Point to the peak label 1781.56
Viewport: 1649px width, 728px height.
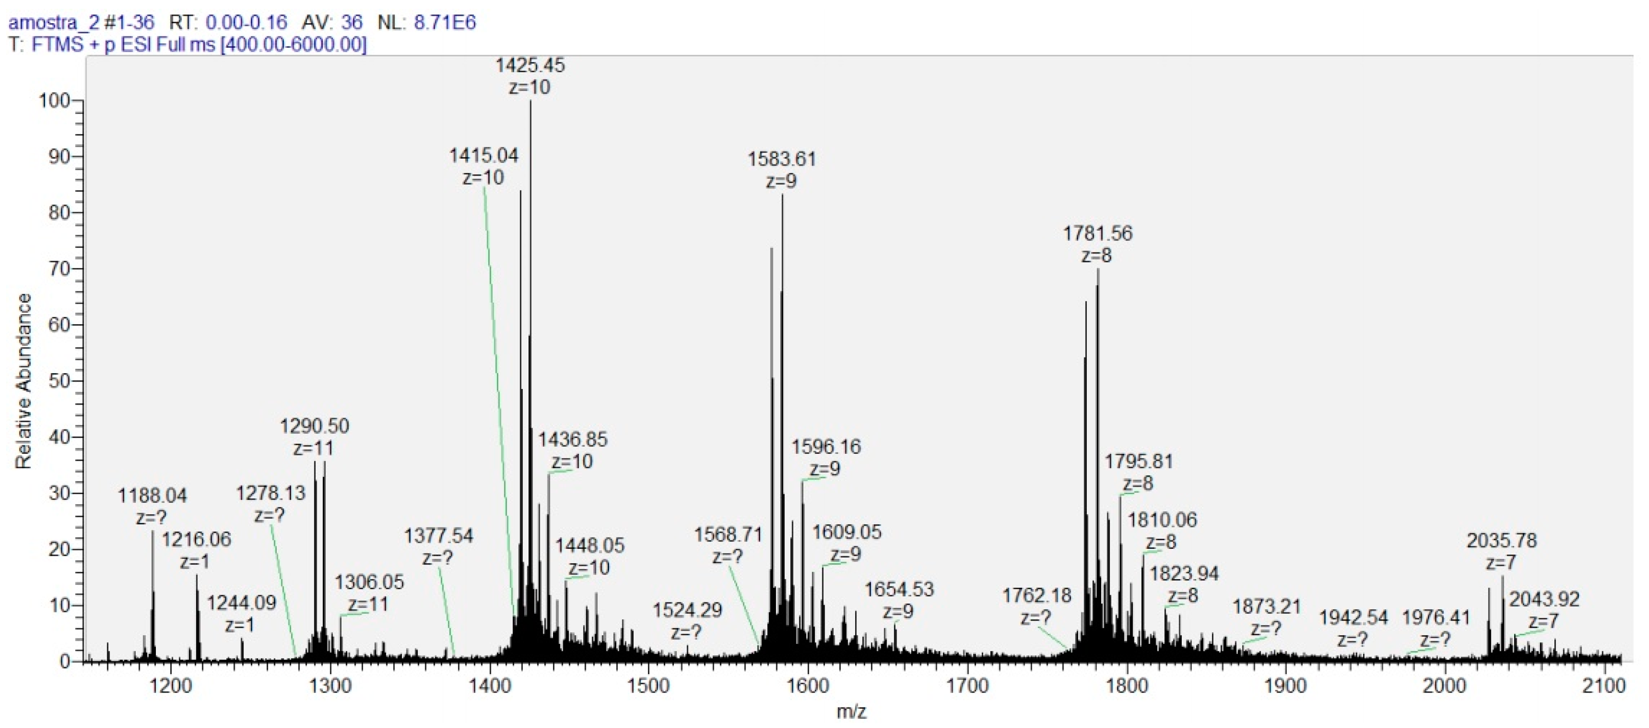(1097, 233)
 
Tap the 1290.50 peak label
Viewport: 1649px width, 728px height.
(314, 426)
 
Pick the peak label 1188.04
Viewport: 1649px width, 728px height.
(152, 495)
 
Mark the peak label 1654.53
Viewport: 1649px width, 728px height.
(899, 589)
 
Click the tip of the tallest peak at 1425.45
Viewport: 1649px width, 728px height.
(530, 101)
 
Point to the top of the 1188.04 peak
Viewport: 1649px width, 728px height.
(152, 531)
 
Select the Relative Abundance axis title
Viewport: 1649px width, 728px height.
(24, 381)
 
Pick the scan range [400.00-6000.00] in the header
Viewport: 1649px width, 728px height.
(293, 45)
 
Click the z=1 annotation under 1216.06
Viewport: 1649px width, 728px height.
(194, 562)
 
